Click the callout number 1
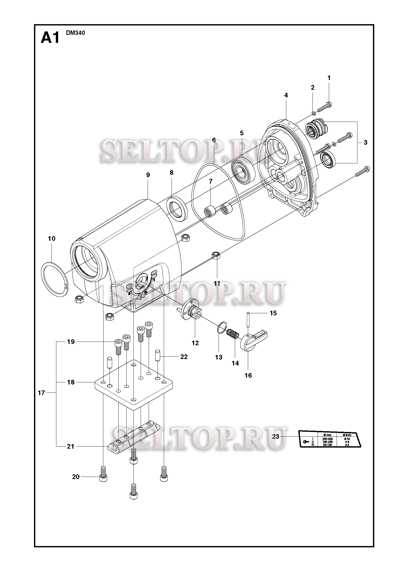[x=329, y=78]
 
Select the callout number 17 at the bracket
[x=41, y=393]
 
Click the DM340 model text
[x=75, y=33]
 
